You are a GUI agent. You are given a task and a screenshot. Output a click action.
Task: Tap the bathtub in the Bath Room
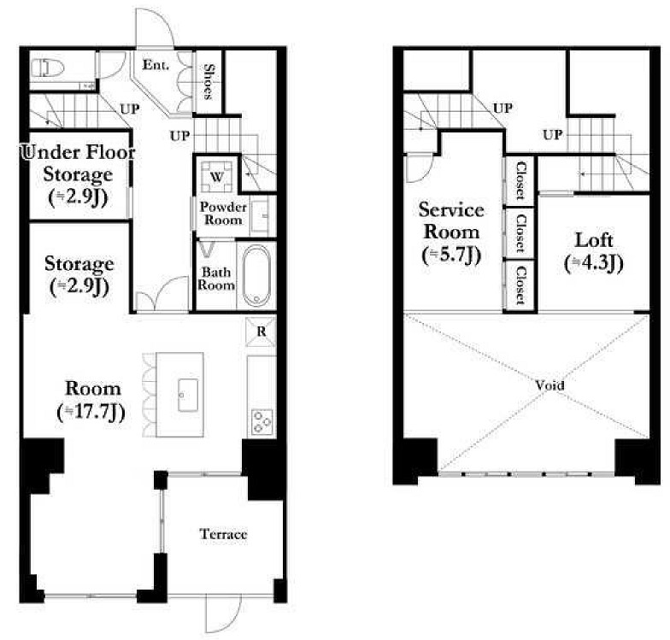point(256,275)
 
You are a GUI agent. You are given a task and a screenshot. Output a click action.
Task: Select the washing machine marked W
point(217,176)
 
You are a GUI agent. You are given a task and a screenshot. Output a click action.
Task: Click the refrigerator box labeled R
point(262,332)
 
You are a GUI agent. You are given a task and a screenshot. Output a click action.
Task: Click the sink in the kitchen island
point(188,395)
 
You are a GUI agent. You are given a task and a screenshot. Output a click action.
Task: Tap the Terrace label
point(223,534)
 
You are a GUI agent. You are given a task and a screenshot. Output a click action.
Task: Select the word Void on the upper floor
point(550,385)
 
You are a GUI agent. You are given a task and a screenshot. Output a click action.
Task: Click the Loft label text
point(594,241)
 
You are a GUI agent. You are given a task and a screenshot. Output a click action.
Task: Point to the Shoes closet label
point(209,82)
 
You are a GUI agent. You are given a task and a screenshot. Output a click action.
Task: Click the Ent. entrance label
point(156,65)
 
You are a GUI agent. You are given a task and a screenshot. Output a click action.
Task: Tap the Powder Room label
point(223,214)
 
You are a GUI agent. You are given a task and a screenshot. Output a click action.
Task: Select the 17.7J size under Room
point(91,412)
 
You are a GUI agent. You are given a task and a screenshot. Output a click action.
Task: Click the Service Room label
point(451,220)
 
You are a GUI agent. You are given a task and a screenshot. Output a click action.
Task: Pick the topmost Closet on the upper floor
point(520,180)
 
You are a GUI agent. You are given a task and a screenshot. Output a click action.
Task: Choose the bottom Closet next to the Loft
point(520,285)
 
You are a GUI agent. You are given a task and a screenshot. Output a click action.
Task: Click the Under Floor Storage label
point(79,163)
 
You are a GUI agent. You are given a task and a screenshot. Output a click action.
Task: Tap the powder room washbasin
point(260,216)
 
